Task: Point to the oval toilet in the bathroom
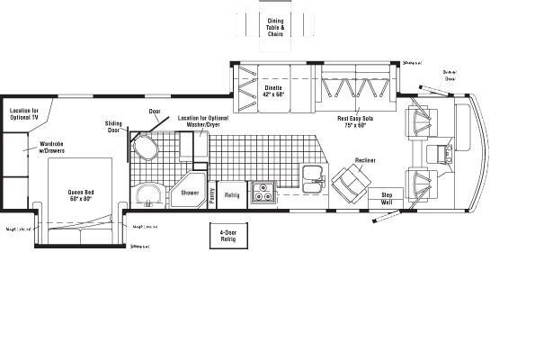pyautogui.click(x=144, y=147)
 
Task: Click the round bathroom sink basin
pyautogui.click(x=147, y=195)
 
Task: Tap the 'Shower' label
pyautogui.click(x=190, y=193)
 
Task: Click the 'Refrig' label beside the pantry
pyautogui.click(x=231, y=194)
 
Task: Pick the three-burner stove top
pyautogui.click(x=262, y=192)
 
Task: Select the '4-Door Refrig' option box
pyautogui.click(x=227, y=236)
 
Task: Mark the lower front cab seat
pyautogui.click(x=422, y=184)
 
